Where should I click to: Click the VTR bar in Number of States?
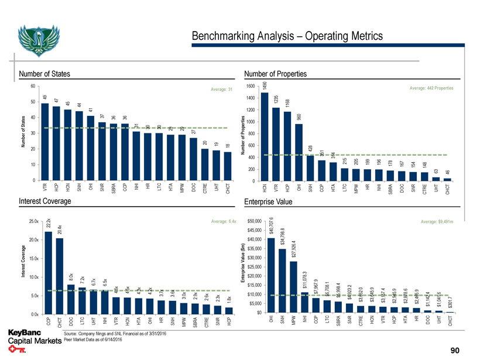tap(45, 141)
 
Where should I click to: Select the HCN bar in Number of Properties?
tap(265, 136)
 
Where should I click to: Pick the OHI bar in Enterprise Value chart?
tap(271, 276)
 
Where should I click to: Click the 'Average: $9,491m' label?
tap(441, 221)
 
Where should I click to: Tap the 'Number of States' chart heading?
tap(44, 74)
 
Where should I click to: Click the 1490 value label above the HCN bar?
tap(265, 86)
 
